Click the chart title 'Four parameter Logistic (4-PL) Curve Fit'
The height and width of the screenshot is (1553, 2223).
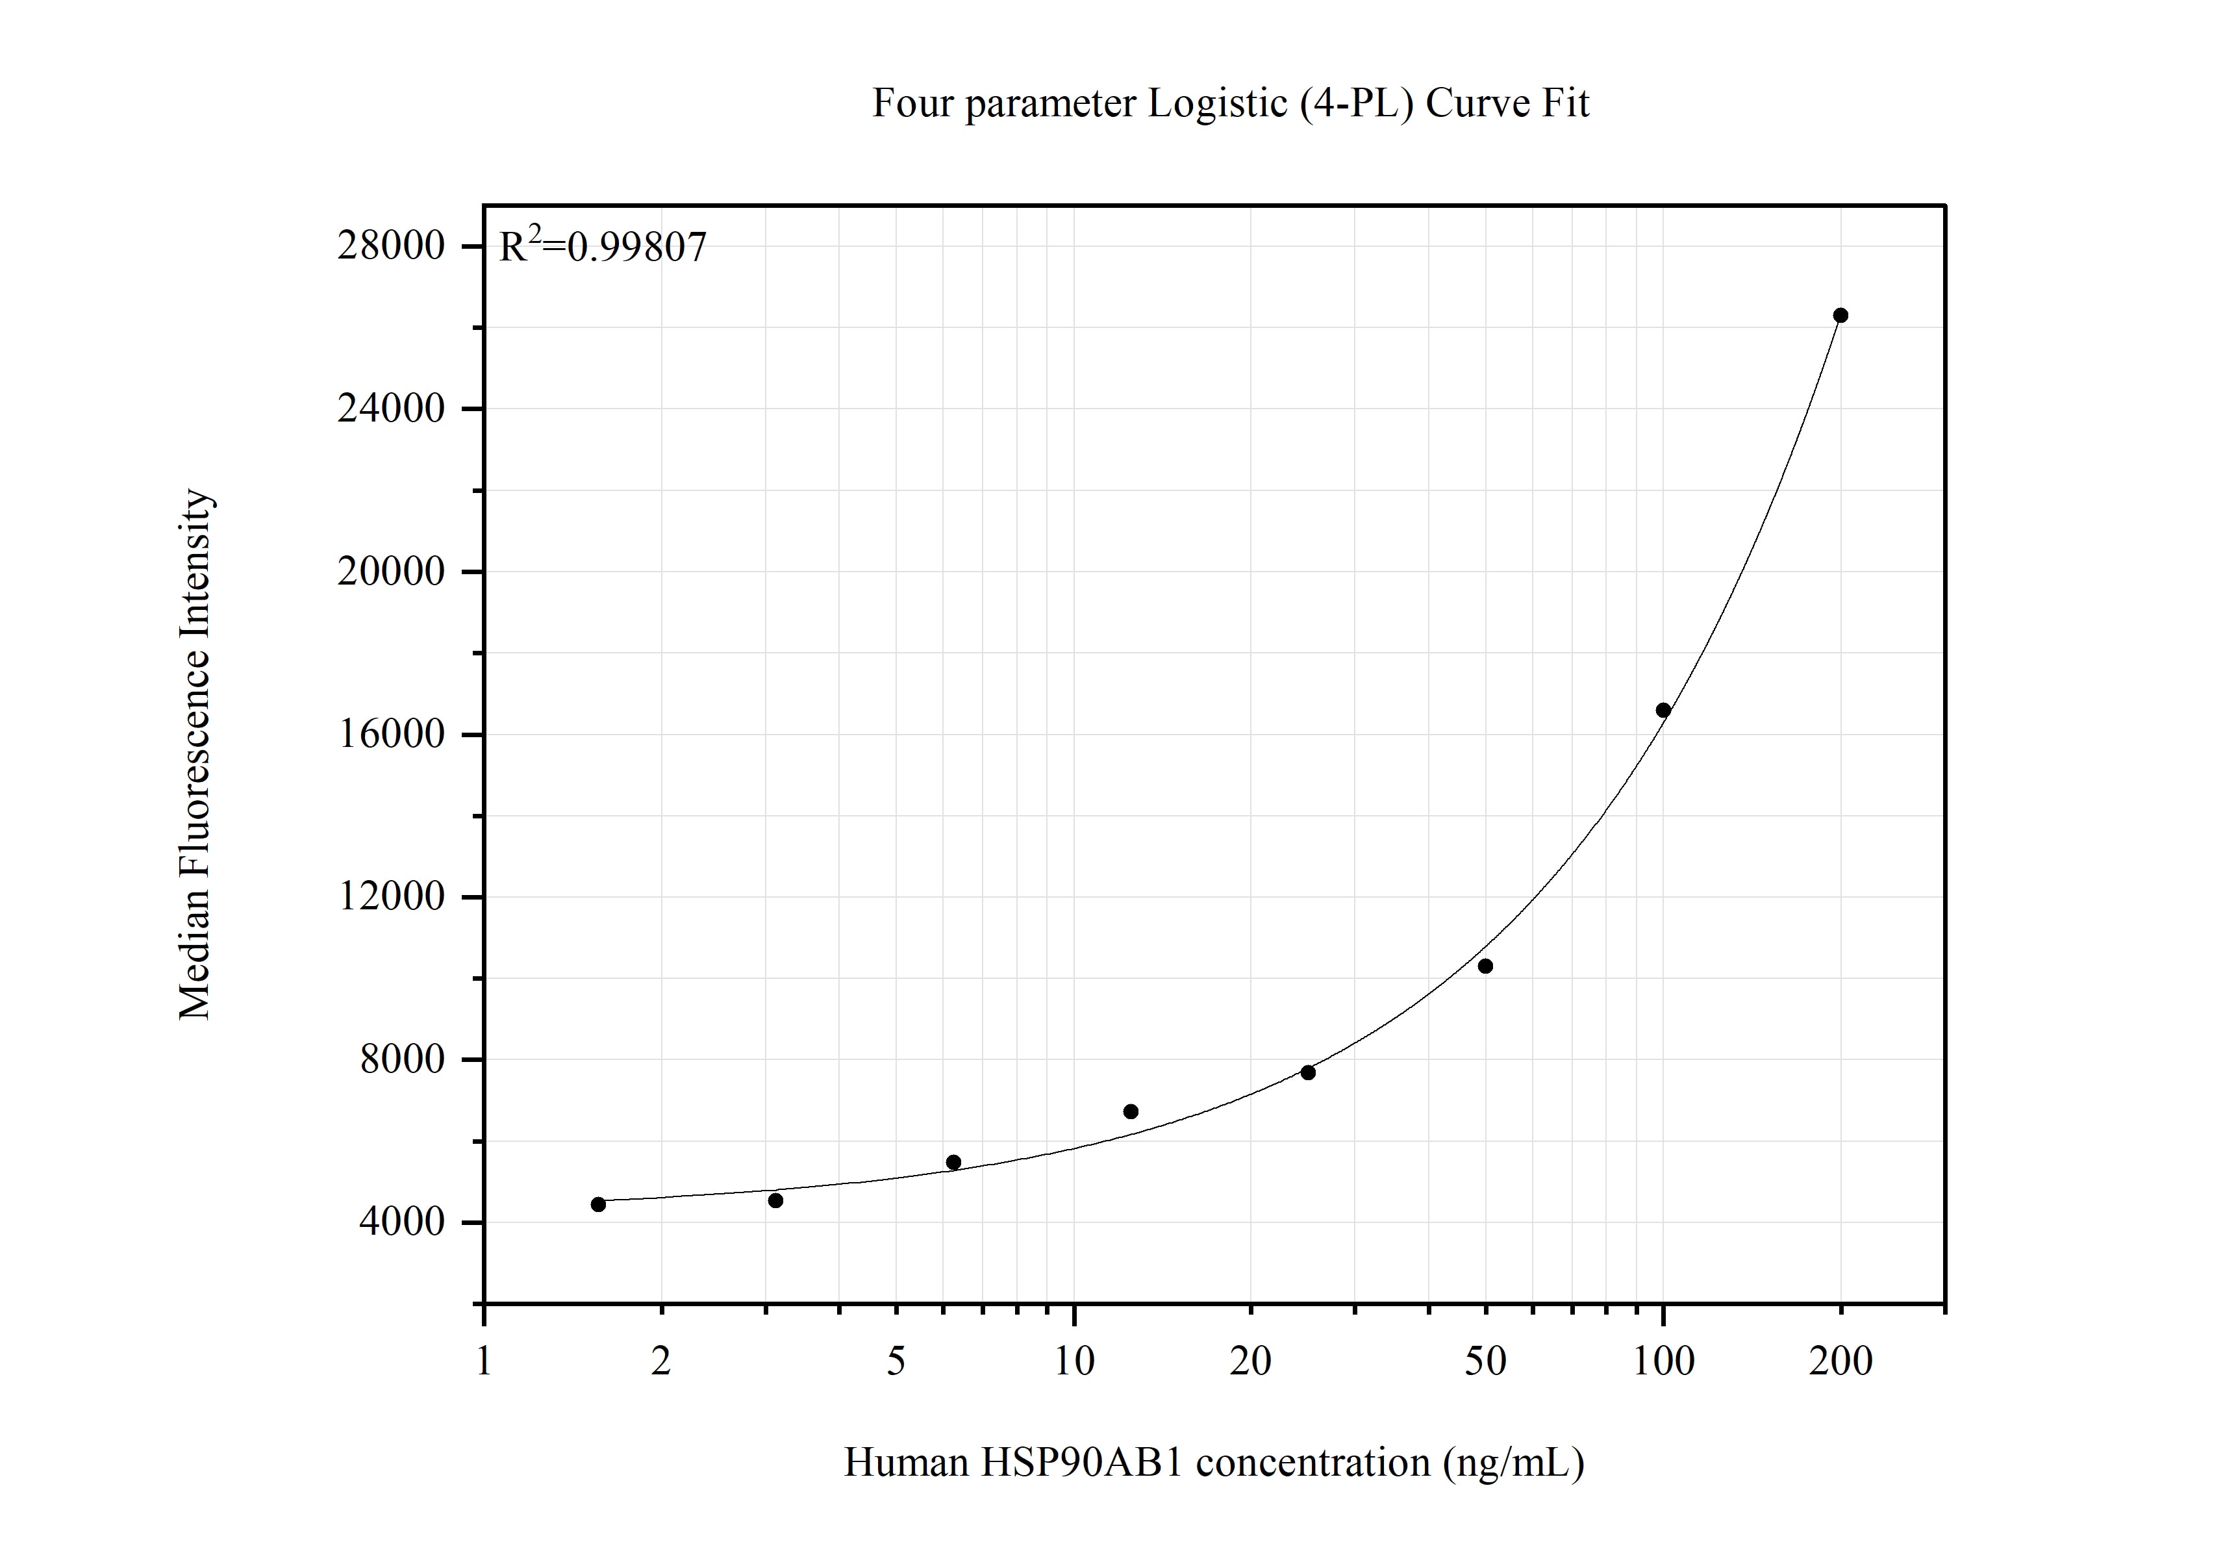1229,103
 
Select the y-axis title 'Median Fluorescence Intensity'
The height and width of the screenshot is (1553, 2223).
195,754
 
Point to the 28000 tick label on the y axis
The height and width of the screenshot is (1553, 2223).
390,246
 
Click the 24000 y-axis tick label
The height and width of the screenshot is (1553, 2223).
390,409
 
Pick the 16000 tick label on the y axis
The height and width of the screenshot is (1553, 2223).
390,734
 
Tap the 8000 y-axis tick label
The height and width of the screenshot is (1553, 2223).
402,1059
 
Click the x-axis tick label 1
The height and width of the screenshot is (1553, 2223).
483,1362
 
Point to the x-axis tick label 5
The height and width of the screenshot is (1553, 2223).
896,1362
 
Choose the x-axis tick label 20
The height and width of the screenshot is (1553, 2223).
1250,1362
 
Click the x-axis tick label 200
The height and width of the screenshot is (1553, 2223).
1840,1362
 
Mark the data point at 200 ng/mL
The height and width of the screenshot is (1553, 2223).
1840,316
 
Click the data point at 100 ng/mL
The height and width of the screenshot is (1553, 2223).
1663,710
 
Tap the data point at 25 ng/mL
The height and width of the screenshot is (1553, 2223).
1308,1072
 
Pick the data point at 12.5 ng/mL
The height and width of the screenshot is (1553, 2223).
1131,1111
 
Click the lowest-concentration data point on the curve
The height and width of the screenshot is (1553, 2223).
598,1204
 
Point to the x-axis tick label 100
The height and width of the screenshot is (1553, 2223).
1663,1362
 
